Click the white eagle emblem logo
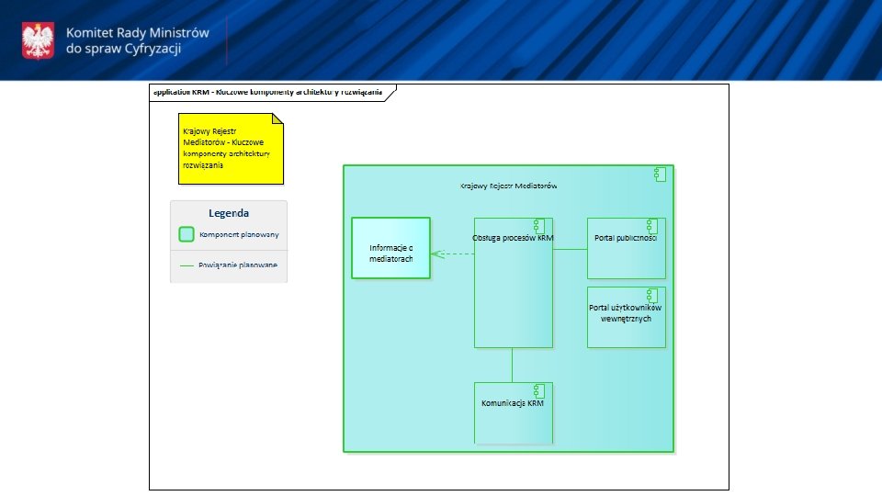click(x=38, y=39)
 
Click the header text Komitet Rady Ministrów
click(x=138, y=32)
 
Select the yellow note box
click(x=231, y=148)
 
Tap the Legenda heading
click(x=229, y=213)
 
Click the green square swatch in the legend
click(x=187, y=234)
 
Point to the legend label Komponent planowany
click(x=239, y=234)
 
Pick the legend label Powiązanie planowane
click(x=237, y=265)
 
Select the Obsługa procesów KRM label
click(x=513, y=238)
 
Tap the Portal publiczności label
click(x=625, y=238)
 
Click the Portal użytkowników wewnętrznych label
click(x=626, y=312)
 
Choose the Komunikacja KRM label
click(x=513, y=403)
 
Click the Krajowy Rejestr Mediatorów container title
click(x=508, y=186)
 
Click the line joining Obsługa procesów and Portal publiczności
click(x=570, y=249)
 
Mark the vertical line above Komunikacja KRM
click(x=513, y=365)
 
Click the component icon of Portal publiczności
click(x=651, y=226)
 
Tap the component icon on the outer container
click(x=660, y=175)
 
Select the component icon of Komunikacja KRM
click(x=538, y=389)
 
